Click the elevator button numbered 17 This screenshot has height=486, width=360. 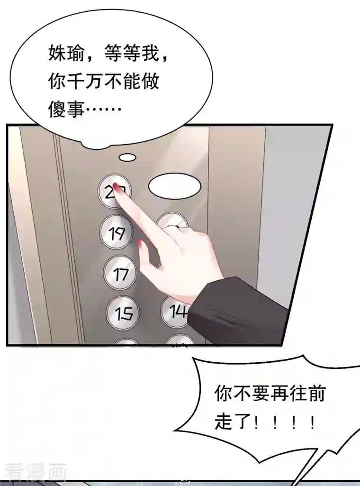[x=119, y=273]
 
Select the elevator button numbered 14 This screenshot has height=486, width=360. [x=176, y=311]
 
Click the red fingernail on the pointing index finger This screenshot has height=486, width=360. [x=121, y=191]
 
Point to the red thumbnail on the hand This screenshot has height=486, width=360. [x=141, y=246]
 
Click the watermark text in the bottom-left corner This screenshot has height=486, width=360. [x=33, y=472]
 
